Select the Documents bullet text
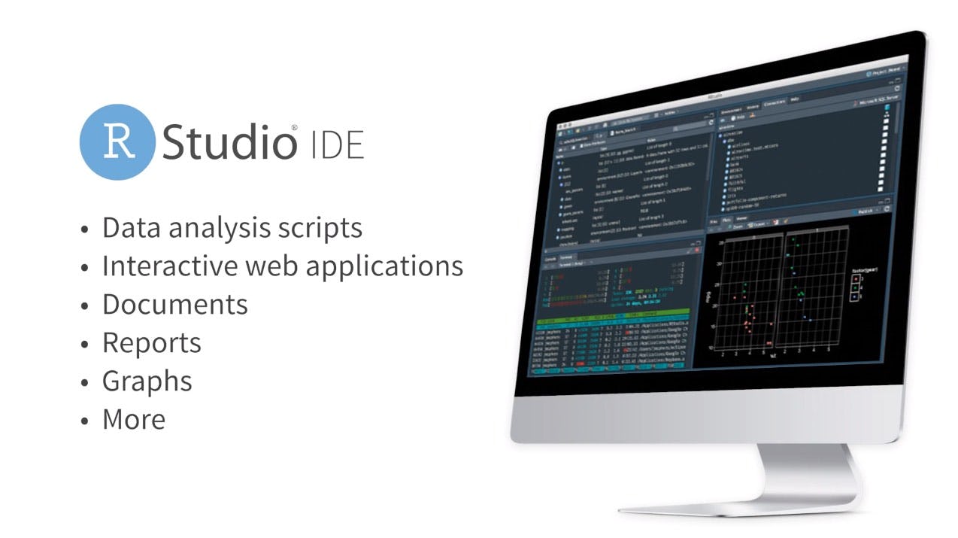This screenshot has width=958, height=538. [x=174, y=304]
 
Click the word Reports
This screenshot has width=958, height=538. [x=151, y=343]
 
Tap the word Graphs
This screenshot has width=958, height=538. [x=147, y=381]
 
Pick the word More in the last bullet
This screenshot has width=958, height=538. [x=133, y=419]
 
